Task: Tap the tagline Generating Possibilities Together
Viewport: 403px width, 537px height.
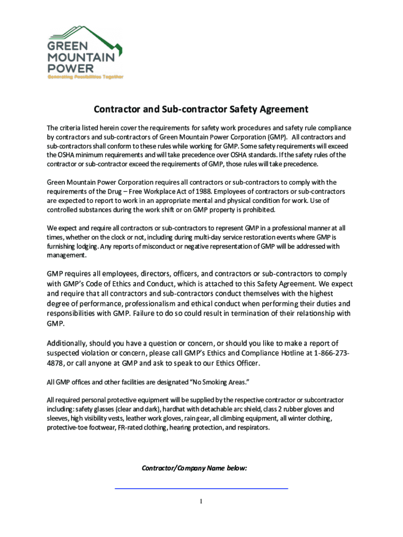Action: click(x=86, y=77)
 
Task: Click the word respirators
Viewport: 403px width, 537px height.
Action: click(x=253, y=427)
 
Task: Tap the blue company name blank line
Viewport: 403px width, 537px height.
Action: click(x=201, y=489)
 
